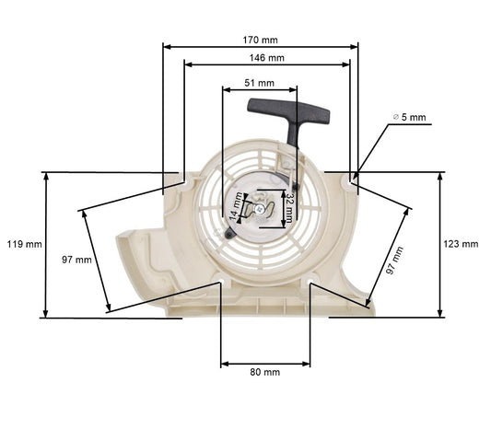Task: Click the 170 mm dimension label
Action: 261,40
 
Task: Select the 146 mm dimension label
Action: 267,57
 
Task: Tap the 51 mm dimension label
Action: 259,82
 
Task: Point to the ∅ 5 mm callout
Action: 410,117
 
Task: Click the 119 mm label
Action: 23,244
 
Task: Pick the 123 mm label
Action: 461,244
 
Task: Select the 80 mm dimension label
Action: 265,372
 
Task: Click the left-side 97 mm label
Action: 76,260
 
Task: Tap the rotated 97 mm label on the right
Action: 397,260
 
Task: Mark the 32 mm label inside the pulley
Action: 288,208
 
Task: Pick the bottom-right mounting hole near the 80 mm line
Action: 310,279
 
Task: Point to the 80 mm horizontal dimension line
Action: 265,364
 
